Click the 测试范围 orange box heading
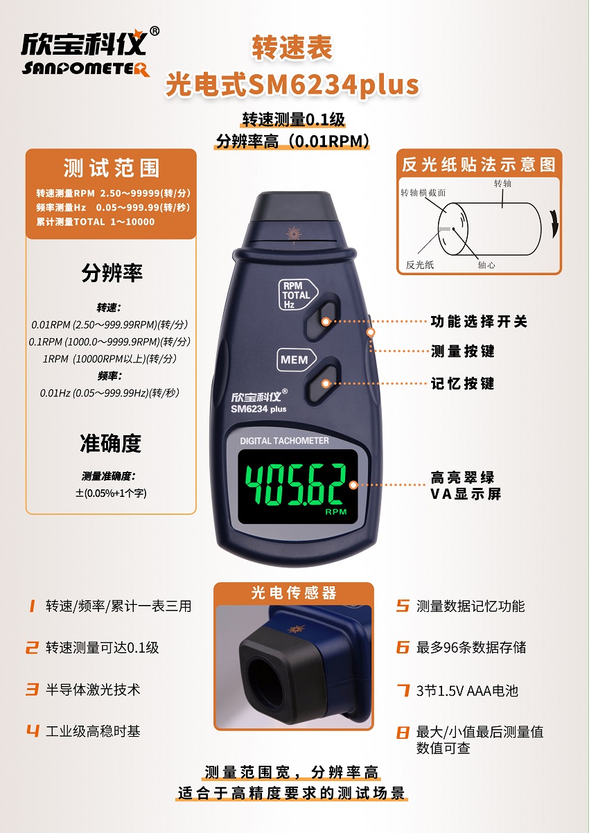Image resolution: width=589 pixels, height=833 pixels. pos(111,168)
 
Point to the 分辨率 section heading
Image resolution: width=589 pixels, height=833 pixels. pos(112,273)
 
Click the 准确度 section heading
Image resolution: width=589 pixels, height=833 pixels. pos(111,443)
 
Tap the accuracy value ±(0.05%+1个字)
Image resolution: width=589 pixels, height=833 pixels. pos(112,493)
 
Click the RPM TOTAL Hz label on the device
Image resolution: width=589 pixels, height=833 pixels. pos(296,295)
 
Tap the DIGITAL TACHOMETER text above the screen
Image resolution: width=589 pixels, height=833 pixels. pos(284,441)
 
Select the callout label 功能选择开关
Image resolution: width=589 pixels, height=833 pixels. pos(479,322)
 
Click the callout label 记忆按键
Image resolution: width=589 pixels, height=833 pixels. pos(462,383)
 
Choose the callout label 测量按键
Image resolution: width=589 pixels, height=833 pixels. pos(462,351)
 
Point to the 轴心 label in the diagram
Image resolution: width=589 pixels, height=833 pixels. pos(486,265)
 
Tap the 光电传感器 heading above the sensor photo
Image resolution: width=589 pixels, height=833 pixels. pos(294,593)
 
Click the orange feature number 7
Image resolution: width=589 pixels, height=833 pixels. pos(403,690)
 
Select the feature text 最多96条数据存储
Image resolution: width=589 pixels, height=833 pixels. pos(471,648)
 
